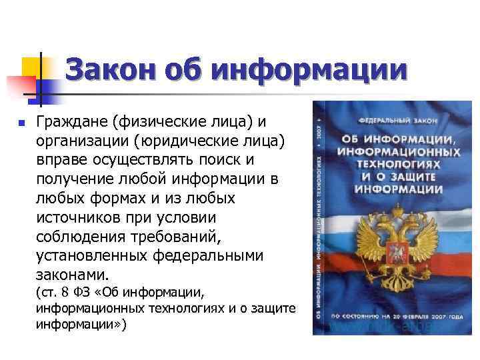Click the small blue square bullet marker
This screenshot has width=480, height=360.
pyautogui.click(x=21, y=123)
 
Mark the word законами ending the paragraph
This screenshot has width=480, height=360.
pyautogui.click(x=73, y=275)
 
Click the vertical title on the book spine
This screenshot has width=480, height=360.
pyautogui.click(x=322, y=220)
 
